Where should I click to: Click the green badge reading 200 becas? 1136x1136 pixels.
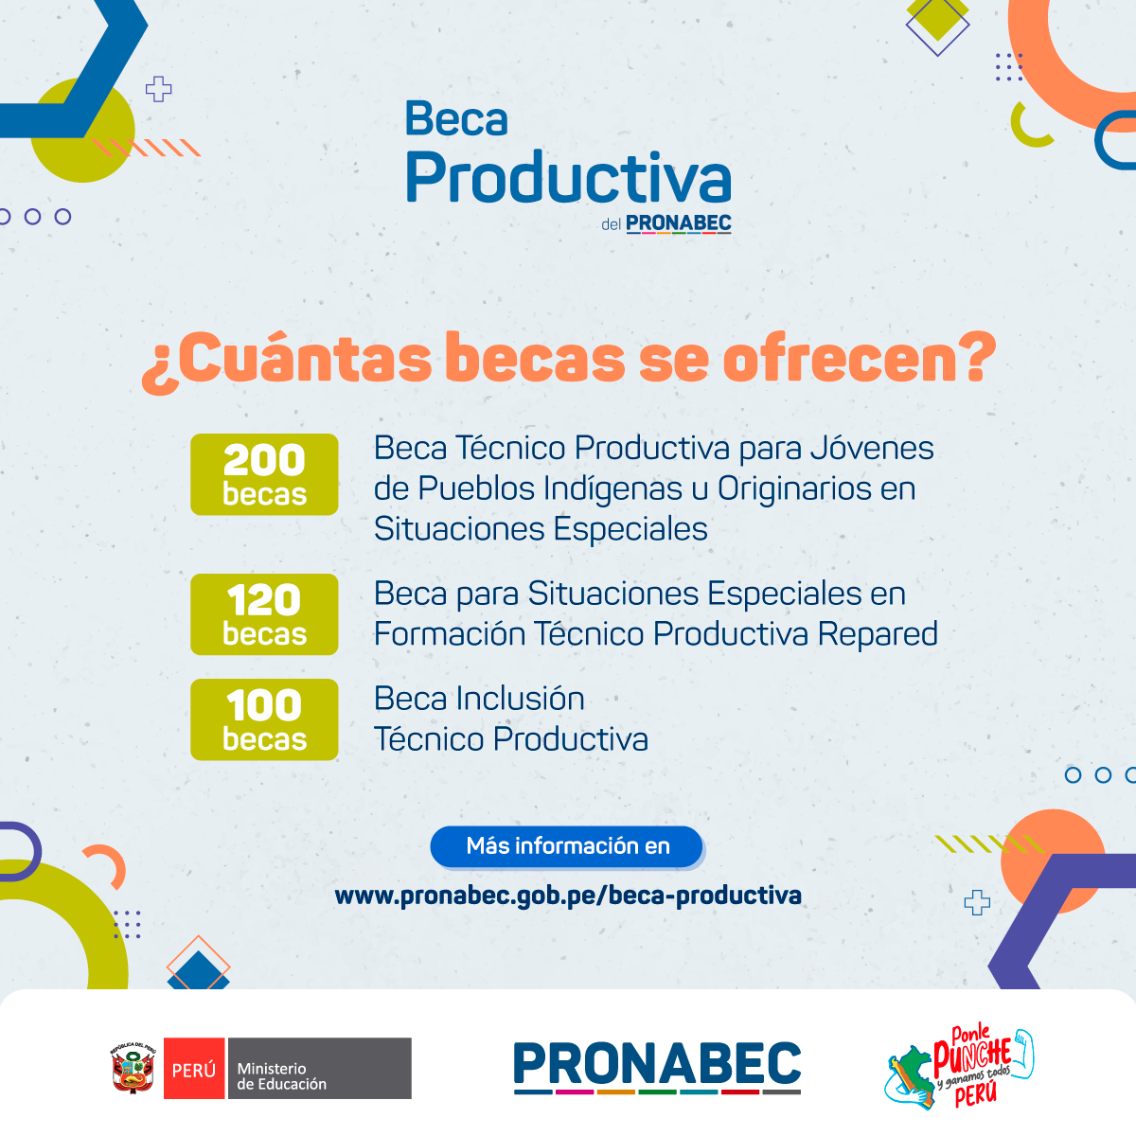pyautogui.click(x=264, y=474)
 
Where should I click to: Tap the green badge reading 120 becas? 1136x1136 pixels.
pyautogui.click(x=264, y=614)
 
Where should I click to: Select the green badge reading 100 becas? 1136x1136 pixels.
pyautogui.click(x=264, y=719)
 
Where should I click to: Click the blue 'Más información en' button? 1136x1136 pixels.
pyautogui.click(x=567, y=846)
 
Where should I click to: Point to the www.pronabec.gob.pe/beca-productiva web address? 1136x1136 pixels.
pyautogui.click(x=568, y=896)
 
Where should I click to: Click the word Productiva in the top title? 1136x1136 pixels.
pyautogui.click(x=568, y=177)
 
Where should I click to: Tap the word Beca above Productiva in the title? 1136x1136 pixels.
pyautogui.click(x=456, y=118)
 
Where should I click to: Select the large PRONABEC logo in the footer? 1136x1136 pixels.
pyautogui.click(x=657, y=1068)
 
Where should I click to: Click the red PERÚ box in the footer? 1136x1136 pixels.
pyautogui.click(x=194, y=1068)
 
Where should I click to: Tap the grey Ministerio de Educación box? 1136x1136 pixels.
pyautogui.click(x=320, y=1068)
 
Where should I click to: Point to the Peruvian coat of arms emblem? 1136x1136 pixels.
pyautogui.click(x=133, y=1068)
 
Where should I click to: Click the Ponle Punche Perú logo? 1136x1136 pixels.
pyautogui.click(x=959, y=1068)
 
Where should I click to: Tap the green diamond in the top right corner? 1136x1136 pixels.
pyautogui.click(x=937, y=18)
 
